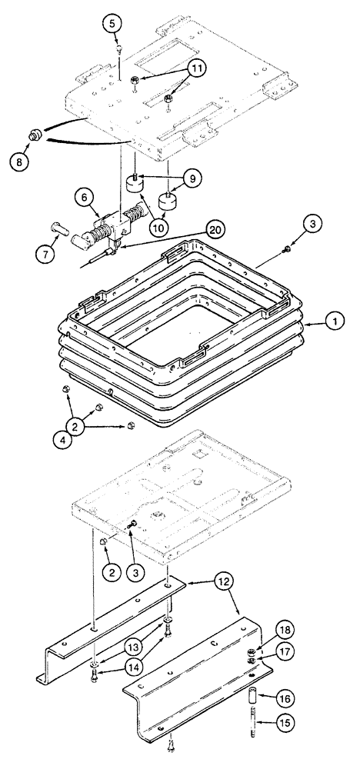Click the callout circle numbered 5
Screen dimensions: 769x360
[112, 24]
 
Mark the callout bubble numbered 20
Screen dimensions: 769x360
[218, 228]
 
